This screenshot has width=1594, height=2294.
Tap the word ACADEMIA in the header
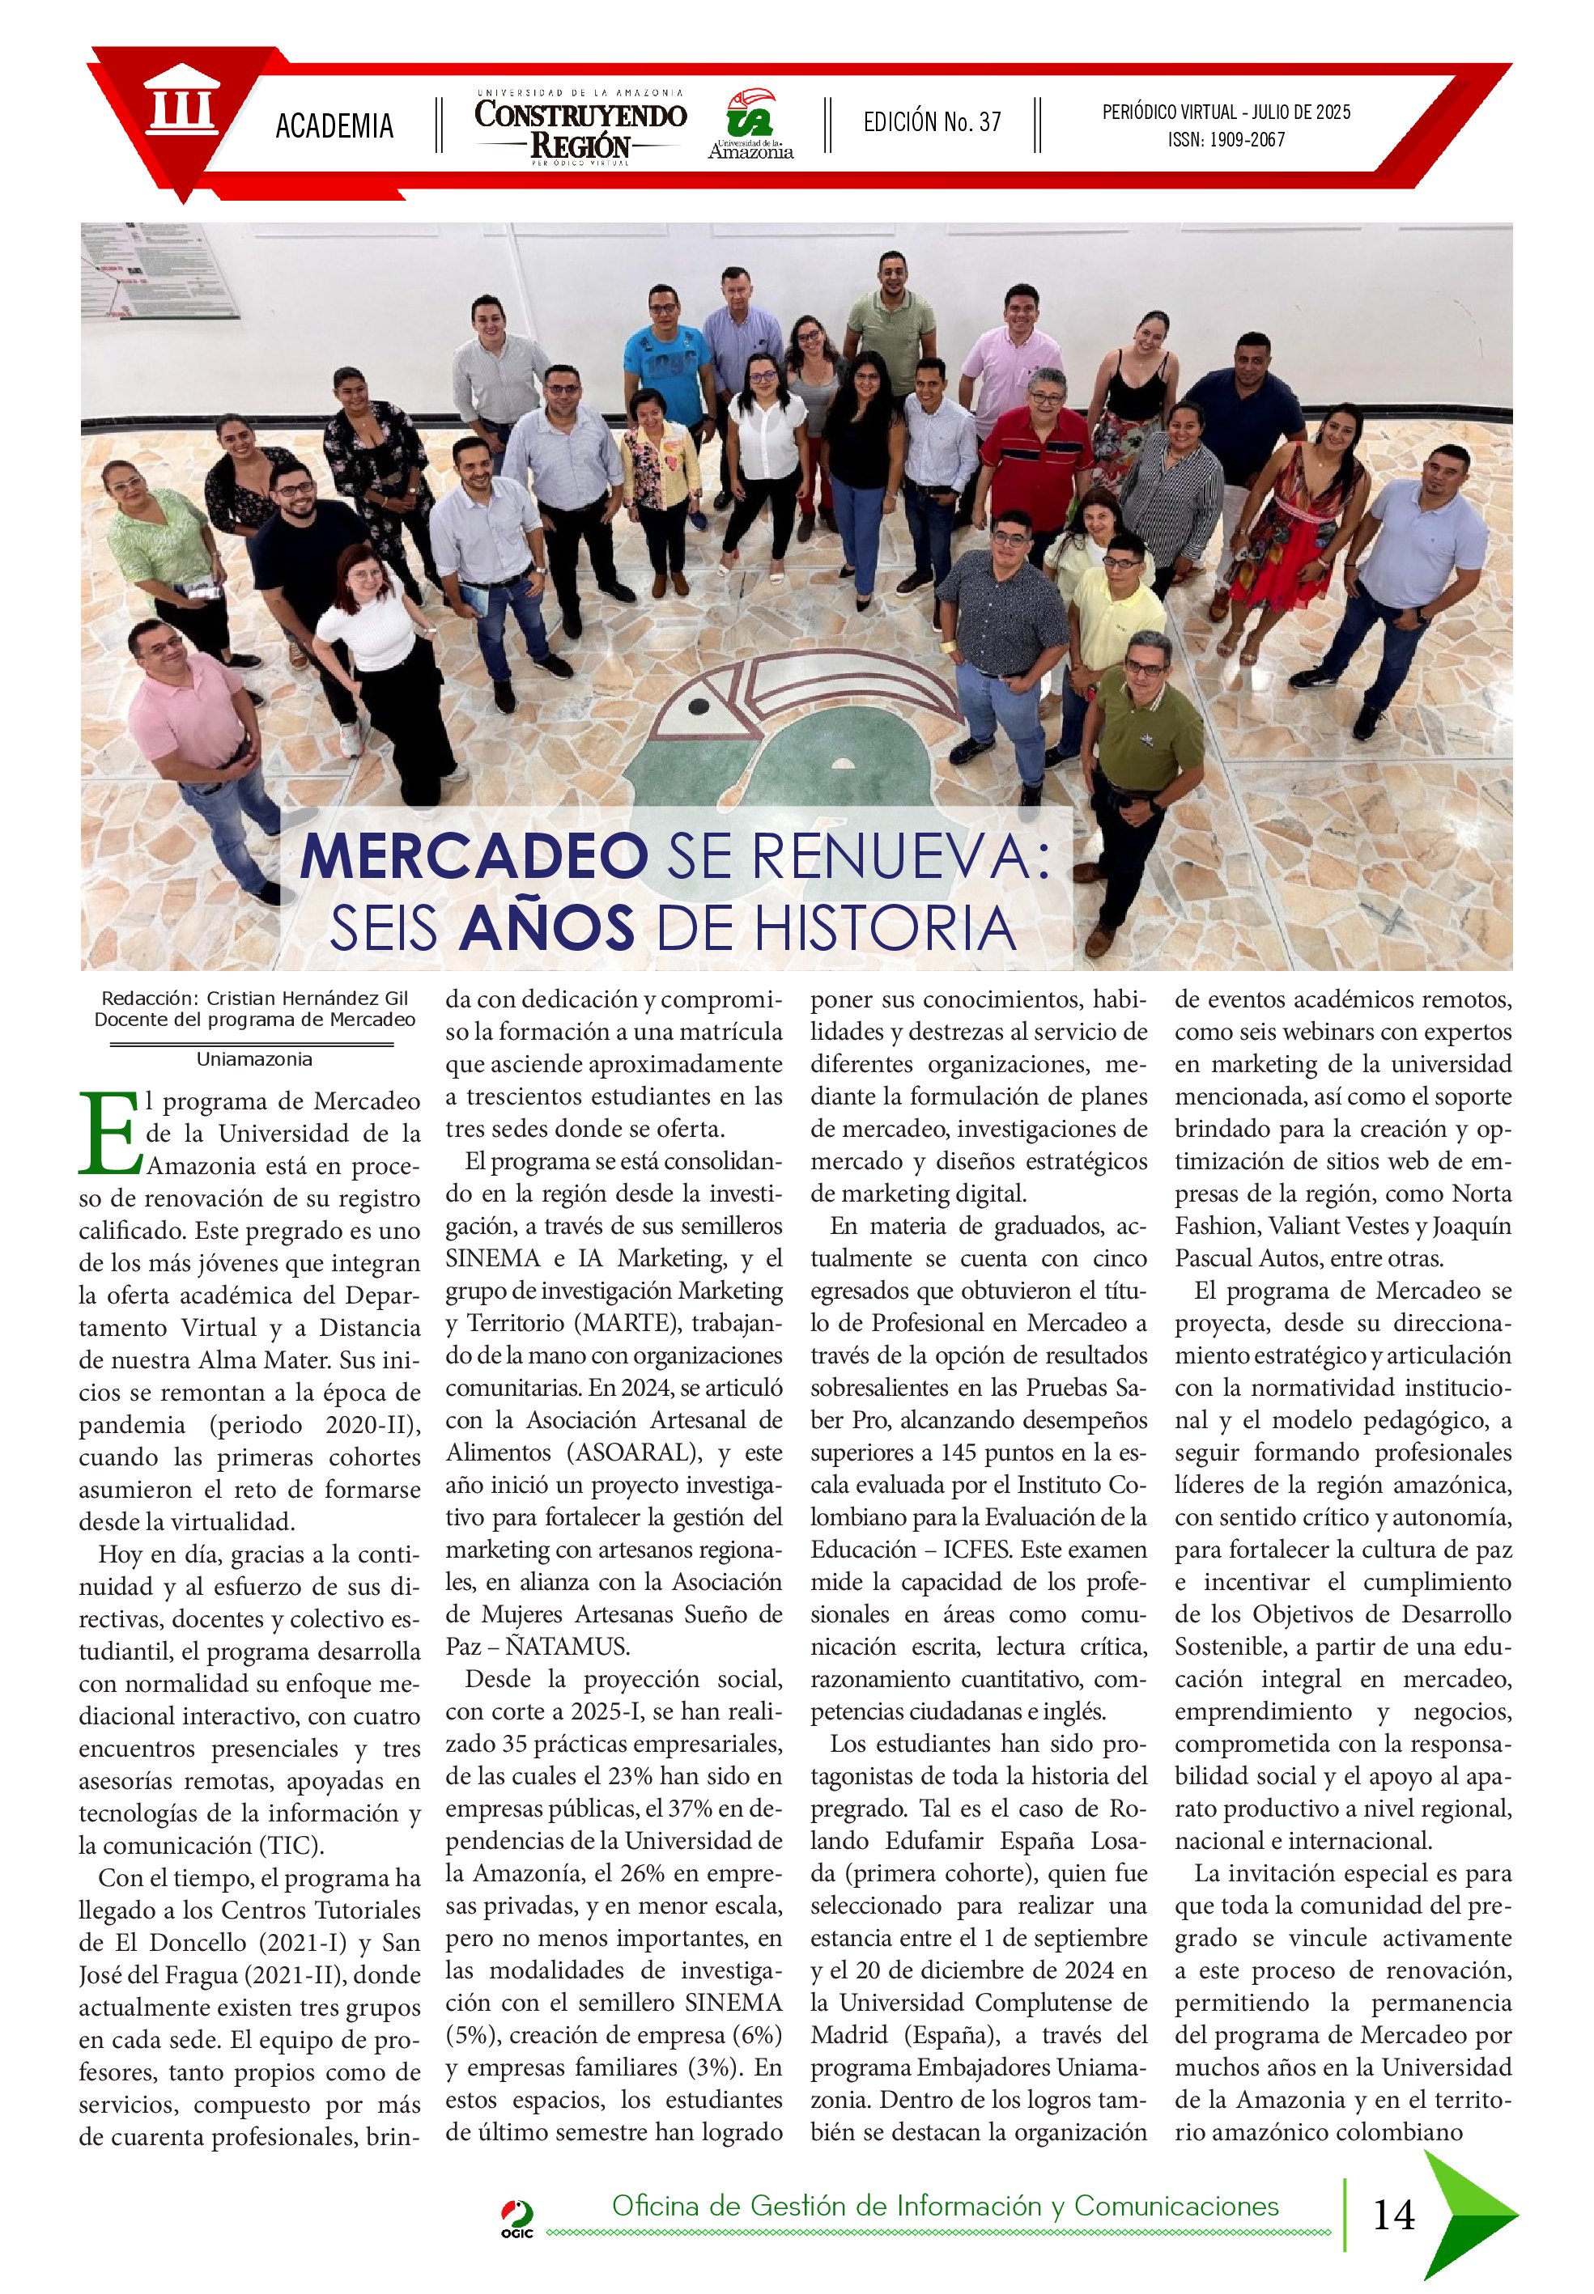click(334, 125)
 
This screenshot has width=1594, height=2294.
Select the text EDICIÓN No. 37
click(931, 123)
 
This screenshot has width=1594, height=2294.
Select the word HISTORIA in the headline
click(882, 927)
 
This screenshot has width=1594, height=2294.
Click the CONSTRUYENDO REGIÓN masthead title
click(580, 128)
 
